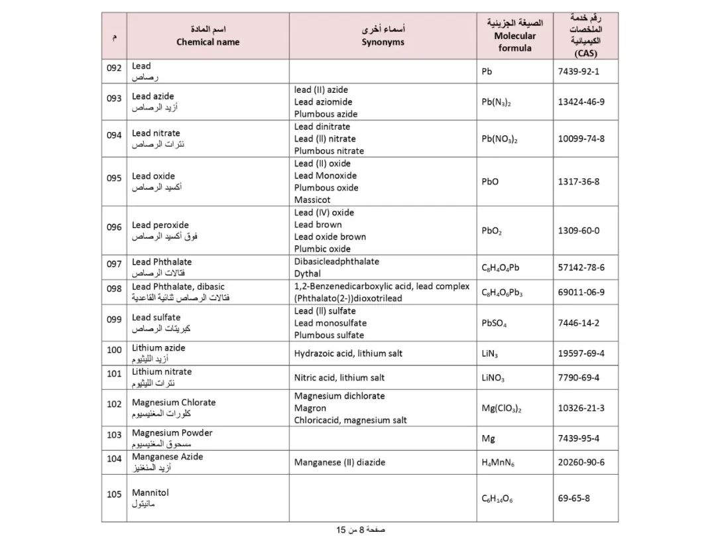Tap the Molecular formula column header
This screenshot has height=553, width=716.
pyautogui.click(x=514, y=36)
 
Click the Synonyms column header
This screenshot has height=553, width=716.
pyautogui.click(x=383, y=36)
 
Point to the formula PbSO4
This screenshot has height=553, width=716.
pyautogui.click(x=494, y=324)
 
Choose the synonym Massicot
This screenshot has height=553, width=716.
pyautogui.click(x=312, y=200)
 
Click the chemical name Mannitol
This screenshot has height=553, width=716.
pyautogui.click(x=150, y=493)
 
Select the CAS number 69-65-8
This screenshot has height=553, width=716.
pyautogui.click(x=573, y=499)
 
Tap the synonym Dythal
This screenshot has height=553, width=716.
pyautogui.click(x=308, y=273)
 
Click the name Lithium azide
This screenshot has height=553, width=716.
pyautogui.click(x=158, y=347)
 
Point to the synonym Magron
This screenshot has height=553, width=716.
pyautogui.click(x=310, y=408)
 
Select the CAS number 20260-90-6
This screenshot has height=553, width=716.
pyautogui.click(x=581, y=462)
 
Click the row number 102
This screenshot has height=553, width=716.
pyautogui.click(x=114, y=404)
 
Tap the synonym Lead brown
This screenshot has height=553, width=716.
pyautogui.click(x=318, y=225)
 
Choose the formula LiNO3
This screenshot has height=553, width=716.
pyautogui.click(x=493, y=378)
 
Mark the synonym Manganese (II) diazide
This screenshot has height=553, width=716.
pyautogui.click(x=339, y=462)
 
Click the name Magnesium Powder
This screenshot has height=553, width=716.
pyautogui.click(x=172, y=432)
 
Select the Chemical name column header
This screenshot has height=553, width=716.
pyautogui.click(x=208, y=36)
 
